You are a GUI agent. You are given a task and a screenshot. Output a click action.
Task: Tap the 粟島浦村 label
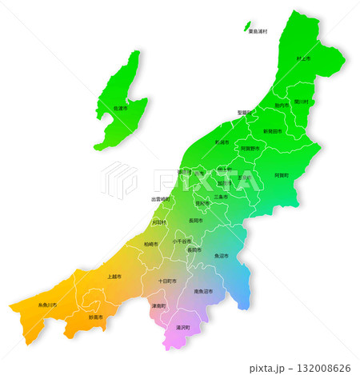258,31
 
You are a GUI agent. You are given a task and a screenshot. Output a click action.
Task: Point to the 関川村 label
301,102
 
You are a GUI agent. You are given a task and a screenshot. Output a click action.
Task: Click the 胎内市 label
281,106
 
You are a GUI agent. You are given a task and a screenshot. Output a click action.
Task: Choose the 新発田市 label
273,130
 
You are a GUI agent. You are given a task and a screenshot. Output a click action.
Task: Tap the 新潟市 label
222,142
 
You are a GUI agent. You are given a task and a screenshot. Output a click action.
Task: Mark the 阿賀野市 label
250,148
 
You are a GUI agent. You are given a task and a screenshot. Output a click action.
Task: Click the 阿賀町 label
282,174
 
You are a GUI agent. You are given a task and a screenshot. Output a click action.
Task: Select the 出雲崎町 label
160,199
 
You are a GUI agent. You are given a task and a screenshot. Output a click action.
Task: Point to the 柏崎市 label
151,244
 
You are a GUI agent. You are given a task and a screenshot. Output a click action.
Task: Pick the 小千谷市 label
182,241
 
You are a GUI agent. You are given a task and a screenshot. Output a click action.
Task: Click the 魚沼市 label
221,256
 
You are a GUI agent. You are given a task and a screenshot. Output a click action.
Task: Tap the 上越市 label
114,277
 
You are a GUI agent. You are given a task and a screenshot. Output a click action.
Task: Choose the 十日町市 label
167,281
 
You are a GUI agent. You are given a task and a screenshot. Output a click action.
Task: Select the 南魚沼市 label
204,292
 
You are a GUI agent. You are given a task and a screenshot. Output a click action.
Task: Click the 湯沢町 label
183,328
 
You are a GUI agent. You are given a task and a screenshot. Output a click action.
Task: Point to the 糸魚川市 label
47,305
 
